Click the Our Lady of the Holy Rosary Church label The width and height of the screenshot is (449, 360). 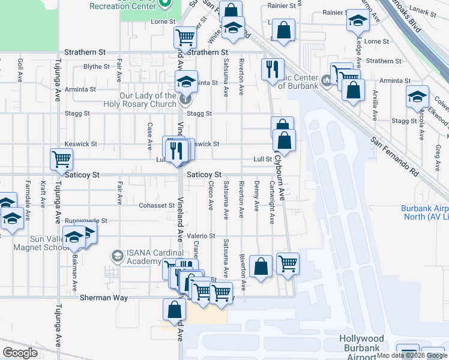(147, 100)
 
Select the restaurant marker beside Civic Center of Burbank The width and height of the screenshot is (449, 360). (273, 69)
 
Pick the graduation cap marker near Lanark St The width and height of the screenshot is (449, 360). (358, 21)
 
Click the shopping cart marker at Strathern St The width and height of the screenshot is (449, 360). (185, 37)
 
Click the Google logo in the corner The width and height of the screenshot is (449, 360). (20, 353)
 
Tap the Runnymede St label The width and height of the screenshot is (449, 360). (86, 221)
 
